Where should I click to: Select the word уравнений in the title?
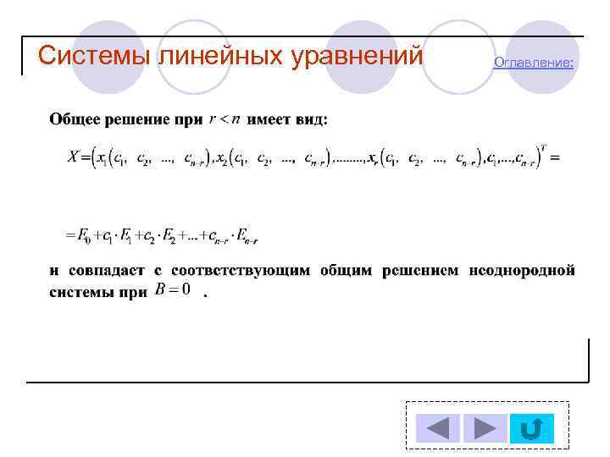click(x=356, y=56)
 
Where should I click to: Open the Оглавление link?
click(x=533, y=63)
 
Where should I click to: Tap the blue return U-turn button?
click(x=532, y=428)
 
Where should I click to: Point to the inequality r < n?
click(x=224, y=119)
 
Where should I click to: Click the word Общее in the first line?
click(x=72, y=119)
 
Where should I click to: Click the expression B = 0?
click(x=174, y=290)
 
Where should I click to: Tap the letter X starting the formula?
click(x=73, y=157)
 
